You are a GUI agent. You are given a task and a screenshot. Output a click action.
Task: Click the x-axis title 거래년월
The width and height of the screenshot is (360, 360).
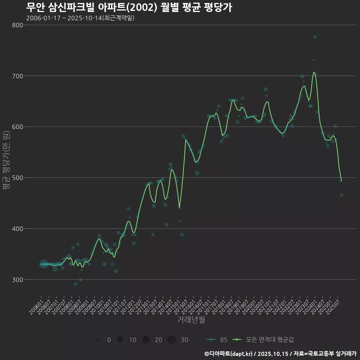[191, 320]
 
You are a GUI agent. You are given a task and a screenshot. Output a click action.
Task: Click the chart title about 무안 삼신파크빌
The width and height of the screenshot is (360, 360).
[129, 7]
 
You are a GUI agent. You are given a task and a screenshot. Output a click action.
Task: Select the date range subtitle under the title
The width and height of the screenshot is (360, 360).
[80, 18]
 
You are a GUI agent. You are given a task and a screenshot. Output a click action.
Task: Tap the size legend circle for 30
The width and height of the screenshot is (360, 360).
[171, 340]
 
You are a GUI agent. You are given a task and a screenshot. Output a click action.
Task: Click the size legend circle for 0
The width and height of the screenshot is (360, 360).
[98, 340]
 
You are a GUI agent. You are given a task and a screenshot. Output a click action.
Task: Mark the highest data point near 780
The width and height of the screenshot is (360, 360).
[315, 37]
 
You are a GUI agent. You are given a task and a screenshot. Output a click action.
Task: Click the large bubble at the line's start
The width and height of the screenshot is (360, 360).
[43, 264]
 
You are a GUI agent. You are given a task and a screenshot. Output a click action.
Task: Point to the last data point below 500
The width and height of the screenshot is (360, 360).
[341, 195]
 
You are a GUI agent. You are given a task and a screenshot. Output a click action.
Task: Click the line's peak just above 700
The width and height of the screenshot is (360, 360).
[314, 72]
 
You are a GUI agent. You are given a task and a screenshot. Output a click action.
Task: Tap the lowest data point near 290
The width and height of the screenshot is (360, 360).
[75, 284]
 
